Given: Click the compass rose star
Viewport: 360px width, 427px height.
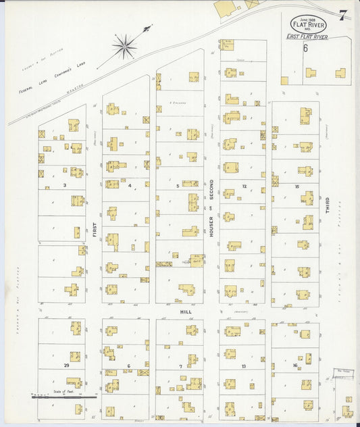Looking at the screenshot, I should [x=124, y=47].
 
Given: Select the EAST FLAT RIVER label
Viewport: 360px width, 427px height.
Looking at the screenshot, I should [x=307, y=37].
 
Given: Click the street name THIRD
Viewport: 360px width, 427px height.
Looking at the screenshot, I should [x=328, y=205].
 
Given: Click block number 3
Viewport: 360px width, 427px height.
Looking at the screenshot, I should [x=64, y=184].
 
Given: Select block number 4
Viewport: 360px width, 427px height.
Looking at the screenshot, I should [x=130, y=184].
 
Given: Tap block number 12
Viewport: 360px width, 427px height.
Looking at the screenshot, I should [x=245, y=185].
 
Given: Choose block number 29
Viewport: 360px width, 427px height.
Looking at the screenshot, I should [x=66, y=365].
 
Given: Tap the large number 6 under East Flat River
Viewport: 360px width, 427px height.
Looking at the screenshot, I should [x=305, y=49].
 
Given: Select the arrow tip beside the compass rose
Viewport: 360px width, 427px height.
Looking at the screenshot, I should [x=150, y=27].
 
